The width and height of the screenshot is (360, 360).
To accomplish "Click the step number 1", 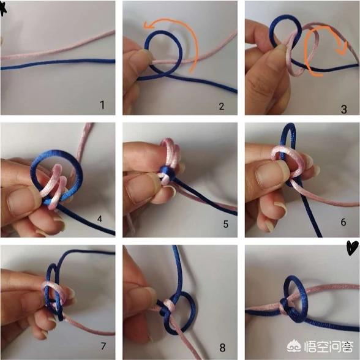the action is click(x=102, y=105).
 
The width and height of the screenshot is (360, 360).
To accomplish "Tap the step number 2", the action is click(x=222, y=107).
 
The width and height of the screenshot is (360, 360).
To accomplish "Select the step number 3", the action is click(x=343, y=109).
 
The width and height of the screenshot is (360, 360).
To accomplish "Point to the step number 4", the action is click(x=100, y=219).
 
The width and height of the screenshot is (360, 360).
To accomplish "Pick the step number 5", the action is click(x=226, y=224).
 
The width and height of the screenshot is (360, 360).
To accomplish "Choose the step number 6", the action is click(x=343, y=222).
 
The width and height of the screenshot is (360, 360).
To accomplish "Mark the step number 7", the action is click(x=103, y=346).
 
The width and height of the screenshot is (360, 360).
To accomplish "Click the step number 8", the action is click(x=222, y=348).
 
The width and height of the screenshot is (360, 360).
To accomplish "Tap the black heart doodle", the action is click(x=352, y=248).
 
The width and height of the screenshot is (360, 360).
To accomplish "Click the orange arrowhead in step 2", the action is click(x=148, y=25).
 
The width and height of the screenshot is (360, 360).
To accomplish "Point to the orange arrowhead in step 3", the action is click(x=342, y=49).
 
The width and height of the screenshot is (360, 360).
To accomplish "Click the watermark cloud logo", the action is click(x=294, y=347).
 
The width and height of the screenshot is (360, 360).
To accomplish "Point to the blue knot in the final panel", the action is click(x=287, y=306).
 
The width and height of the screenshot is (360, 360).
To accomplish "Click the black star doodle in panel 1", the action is click(x=2, y=10).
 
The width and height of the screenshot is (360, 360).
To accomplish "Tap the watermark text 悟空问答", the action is click(x=328, y=347).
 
